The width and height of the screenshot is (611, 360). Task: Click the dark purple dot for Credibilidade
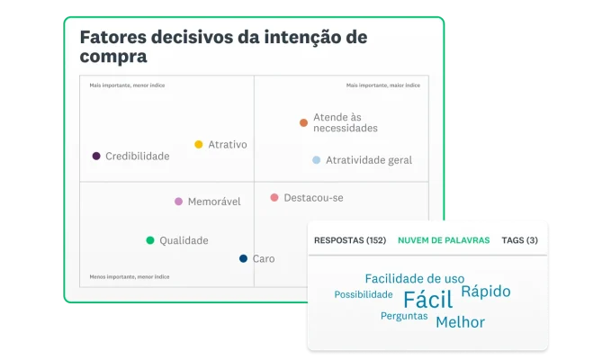pos(96,156)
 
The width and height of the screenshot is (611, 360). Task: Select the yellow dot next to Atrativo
pos(199,144)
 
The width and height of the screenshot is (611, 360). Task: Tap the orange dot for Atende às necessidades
pos(303,122)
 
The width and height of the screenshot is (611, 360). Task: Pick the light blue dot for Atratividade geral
pos(316,160)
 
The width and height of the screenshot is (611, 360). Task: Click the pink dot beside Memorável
pos(178,202)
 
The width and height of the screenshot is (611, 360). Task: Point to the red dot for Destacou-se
pos(274,197)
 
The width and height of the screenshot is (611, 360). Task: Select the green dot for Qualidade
pos(150,240)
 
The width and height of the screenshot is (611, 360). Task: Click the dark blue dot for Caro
pos(243,258)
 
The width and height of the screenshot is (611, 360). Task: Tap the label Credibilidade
pos(137,156)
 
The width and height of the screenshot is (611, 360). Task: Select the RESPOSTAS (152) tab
pos(349,240)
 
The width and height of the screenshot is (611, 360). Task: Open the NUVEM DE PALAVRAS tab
pos(443,240)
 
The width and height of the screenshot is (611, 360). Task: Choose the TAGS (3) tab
pos(519,240)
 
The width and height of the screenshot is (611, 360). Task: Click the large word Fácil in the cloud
pos(427,300)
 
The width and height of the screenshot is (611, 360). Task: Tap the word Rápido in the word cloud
pos(485,292)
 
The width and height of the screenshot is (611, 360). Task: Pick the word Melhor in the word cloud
pos(460,322)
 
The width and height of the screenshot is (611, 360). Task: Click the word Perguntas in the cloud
pos(404,316)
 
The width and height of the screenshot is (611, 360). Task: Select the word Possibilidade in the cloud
pos(364,294)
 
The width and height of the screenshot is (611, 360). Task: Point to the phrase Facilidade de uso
pos(414,278)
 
